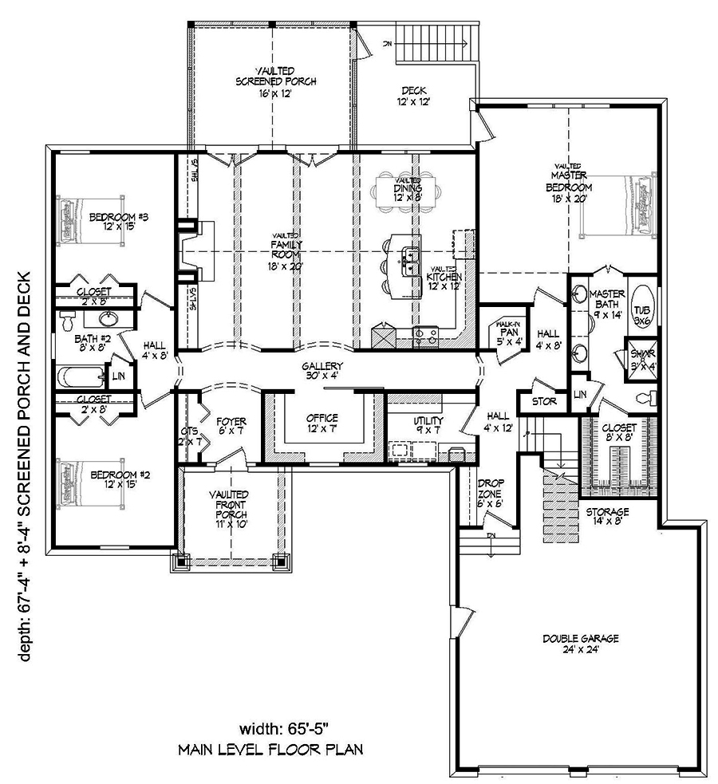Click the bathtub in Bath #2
tap(80, 373)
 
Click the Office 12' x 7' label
tap(322, 423)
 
